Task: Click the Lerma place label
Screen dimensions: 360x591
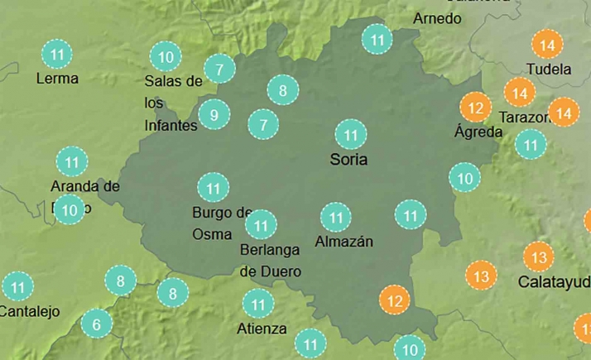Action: point(57,79)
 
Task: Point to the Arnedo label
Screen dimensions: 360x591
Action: point(436,17)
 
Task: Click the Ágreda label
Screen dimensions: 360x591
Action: point(478,132)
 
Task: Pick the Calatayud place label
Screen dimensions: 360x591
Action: point(553,281)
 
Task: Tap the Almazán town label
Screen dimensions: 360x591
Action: point(344,242)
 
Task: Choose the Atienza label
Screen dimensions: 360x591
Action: point(261,328)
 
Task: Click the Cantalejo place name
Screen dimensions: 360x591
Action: point(30,311)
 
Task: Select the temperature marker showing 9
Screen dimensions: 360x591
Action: point(214,114)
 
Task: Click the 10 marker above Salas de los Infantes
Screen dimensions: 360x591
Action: point(166,57)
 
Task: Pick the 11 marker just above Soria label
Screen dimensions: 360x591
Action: point(350,134)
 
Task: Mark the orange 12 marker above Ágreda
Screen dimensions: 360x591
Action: point(475,108)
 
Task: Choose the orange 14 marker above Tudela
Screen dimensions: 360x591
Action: point(545,43)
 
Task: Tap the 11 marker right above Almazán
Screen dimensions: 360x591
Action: point(336,218)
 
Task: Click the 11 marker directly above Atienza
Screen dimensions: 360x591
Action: point(259,304)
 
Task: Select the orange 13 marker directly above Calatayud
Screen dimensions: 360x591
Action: point(538,257)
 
